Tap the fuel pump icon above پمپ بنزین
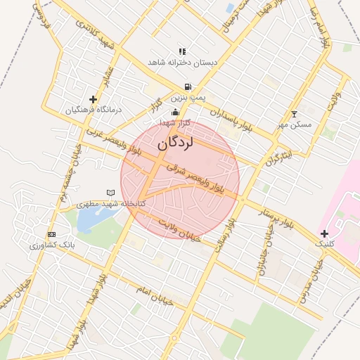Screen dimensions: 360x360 click(187, 87)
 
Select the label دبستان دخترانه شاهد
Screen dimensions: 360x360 click(183, 63)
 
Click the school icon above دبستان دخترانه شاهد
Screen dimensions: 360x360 click(183, 51)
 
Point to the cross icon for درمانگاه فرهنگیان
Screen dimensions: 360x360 click(93, 99)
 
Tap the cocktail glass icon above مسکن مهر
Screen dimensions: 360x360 click(294, 114)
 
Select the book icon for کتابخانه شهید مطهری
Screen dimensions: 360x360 click(110, 193)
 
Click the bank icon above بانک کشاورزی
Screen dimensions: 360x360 click(51, 234)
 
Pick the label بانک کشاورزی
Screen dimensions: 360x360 click(52, 245)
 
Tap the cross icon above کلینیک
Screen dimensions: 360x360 click(323, 233)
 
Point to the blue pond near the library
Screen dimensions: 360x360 click(90, 219)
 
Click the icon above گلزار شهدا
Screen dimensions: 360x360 click(175, 112)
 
